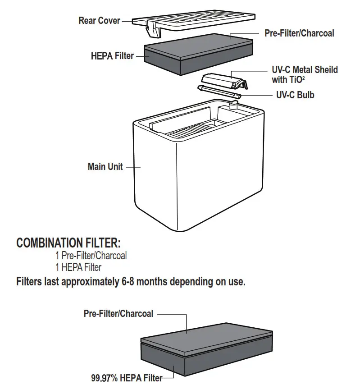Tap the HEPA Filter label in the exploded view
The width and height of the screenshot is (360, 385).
(x=112, y=56)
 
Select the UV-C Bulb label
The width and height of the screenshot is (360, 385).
(x=295, y=95)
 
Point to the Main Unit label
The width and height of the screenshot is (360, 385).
(x=105, y=167)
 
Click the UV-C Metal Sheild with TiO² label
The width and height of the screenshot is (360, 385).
(x=305, y=75)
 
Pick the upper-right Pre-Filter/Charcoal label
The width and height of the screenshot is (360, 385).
(x=299, y=33)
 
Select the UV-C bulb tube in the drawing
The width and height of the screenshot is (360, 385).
(x=219, y=92)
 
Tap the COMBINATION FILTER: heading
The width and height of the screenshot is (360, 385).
(x=68, y=243)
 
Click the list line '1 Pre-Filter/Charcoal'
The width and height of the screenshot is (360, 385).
(x=91, y=256)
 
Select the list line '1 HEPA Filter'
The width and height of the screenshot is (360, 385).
(x=78, y=267)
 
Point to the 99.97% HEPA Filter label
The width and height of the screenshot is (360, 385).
(x=127, y=378)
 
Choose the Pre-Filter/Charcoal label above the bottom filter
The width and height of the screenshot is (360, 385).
(x=118, y=313)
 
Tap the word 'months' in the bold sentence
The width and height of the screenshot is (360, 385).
(x=151, y=283)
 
